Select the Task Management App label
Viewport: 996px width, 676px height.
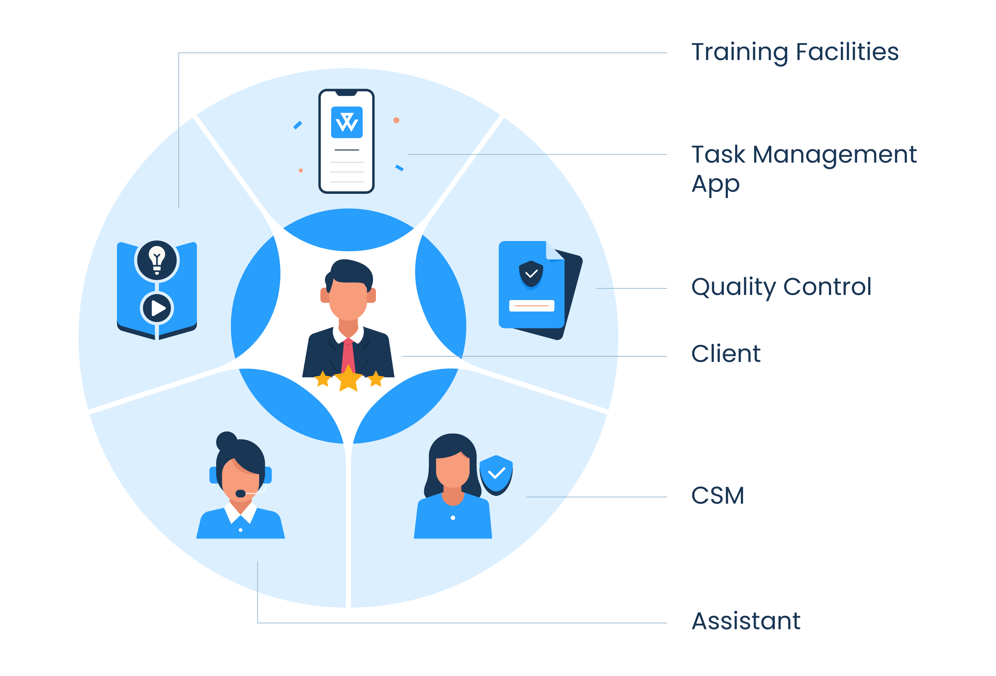pyautogui.click(x=804, y=169)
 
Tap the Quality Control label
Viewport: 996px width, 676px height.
pyautogui.click(x=781, y=287)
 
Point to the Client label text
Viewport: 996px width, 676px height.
pyautogui.click(x=726, y=354)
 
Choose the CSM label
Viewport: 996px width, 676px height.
pyautogui.click(x=718, y=496)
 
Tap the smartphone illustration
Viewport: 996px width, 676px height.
pyautogui.click(x=346, y=141)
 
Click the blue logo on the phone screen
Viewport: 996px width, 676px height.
pyautogui.click(x=347, y=123)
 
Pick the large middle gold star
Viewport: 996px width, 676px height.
pyautogui.click(x=348, y=378)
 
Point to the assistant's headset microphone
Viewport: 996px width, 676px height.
pyautogui.click(x=241, y=493)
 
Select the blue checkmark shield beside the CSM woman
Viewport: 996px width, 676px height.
pyautogui.click(x=496, y=474)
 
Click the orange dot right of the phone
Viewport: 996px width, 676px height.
pyautogui.click(x=396, y=120)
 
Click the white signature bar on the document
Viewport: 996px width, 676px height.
pyautogui.click(x=531, y=305)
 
